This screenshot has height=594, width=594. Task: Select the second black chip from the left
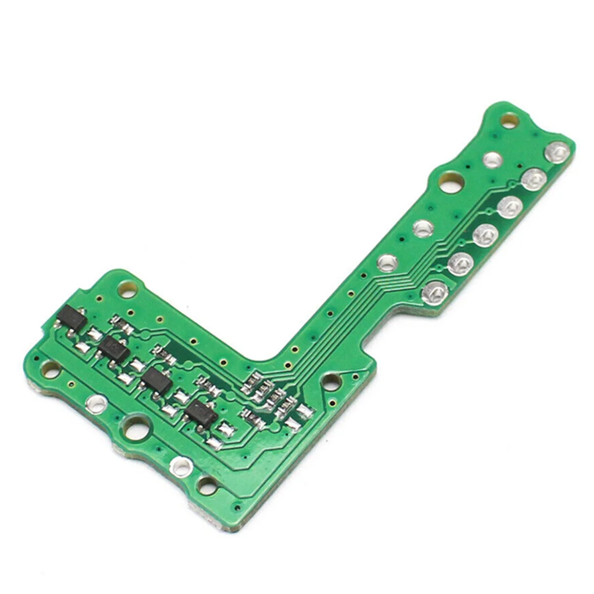(x=114, y=349)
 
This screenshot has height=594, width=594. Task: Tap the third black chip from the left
(x=157, y=380)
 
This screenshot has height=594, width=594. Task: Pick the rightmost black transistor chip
(x=201, y=411)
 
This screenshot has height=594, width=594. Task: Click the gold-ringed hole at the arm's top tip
(x=508, y=119)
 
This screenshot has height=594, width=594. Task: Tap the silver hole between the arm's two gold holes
(x=493, y=159)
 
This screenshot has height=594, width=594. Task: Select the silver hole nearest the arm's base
(x=388, y=261)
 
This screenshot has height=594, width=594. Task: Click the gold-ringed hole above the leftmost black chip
(x=127, y=287)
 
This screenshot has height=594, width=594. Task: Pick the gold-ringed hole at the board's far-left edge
(x=50, y=367)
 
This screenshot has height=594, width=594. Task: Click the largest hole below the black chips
(x=136, y=428)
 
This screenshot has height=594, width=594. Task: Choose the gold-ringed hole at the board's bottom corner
(x=205, y=483)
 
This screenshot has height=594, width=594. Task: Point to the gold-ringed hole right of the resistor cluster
(x=330, y=382)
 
